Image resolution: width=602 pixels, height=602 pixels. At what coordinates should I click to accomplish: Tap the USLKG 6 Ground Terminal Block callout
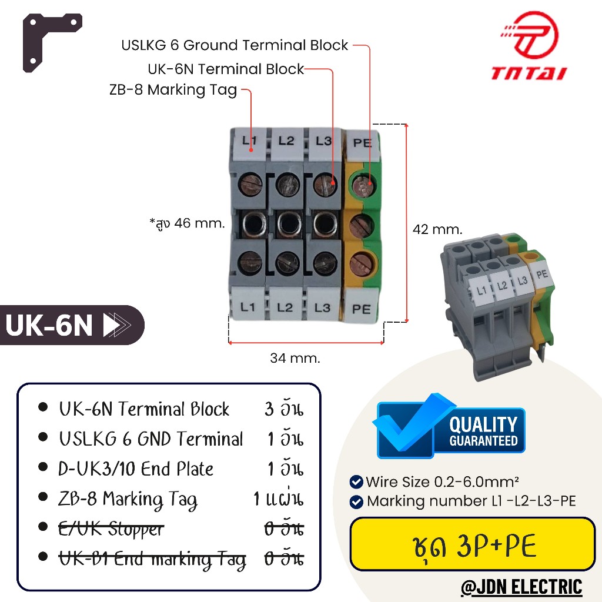235,45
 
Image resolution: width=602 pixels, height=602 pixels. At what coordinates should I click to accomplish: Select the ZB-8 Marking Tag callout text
173,90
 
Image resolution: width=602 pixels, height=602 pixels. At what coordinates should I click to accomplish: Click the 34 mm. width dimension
295,357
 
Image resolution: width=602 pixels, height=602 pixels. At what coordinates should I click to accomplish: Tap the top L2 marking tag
286,141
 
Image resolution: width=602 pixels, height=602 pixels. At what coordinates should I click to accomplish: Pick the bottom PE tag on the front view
361,307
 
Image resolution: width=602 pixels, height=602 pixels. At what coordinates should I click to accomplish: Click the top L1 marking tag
249,141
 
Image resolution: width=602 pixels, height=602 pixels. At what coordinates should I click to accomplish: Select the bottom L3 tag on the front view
322,307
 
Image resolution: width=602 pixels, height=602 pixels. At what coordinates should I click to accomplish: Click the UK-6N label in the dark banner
51,325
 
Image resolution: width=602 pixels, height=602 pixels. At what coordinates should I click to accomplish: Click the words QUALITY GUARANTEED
483,431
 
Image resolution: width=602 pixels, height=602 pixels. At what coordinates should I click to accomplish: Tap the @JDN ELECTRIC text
521,587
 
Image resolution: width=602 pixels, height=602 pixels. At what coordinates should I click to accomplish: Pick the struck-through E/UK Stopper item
111,529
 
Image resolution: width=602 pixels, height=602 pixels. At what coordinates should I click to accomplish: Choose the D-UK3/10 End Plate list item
136,469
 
